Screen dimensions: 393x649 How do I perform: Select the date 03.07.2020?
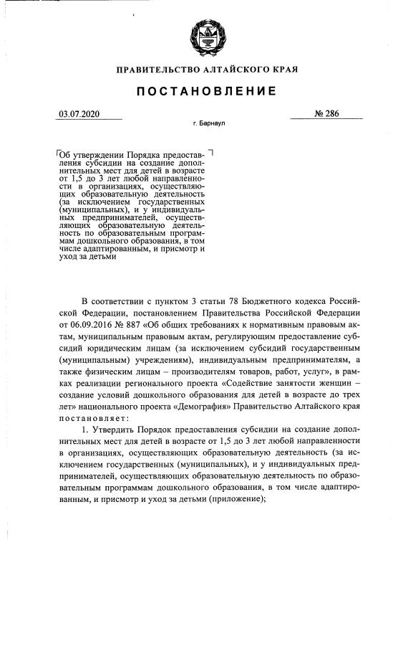[x=79, y=113]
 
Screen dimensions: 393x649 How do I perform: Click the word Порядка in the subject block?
[x=146, y=155]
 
